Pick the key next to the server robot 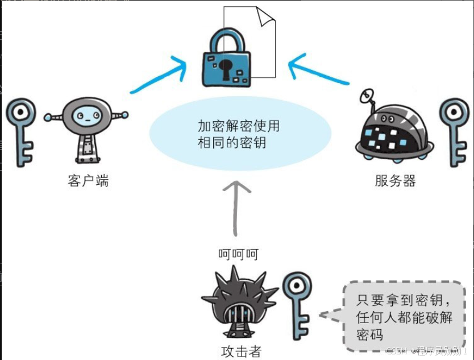pyautogui.click(x=454, y=131)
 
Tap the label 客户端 pyautogui.click(x=88, y=181)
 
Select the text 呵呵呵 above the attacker pyautogui.click(x=238, y=254)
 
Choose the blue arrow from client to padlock pyautogui.click(x=159, y=77)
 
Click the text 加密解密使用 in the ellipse pyautogui.click(x=238, y=126)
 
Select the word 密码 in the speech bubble pyautogui.click(x=370, y=334)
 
